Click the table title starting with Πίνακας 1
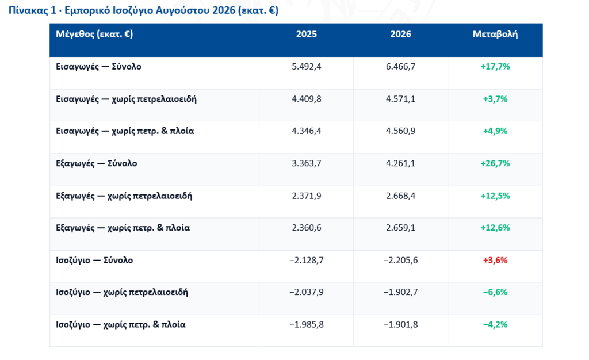pos(143,10)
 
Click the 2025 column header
pos(306,34)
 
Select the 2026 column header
pos(400,34)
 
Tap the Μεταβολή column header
pos(495,34)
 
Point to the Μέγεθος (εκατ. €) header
pos(94,34)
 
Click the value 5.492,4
pos(307,67)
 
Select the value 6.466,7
pos(400,67)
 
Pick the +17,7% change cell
pos(495,67)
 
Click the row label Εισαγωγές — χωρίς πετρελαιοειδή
pos(126,99)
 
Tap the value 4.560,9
pos(400,131)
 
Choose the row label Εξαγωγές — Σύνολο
pos(97,164)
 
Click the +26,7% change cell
pos(495,164)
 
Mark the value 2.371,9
pos(307,196)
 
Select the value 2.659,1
pos(400,228)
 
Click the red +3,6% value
pos(495,261)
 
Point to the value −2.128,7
pos(307,261)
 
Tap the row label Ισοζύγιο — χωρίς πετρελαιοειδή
pos(122,293)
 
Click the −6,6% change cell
pos(495,293)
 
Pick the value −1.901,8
pos(400,325)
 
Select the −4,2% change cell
pos(495,325)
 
